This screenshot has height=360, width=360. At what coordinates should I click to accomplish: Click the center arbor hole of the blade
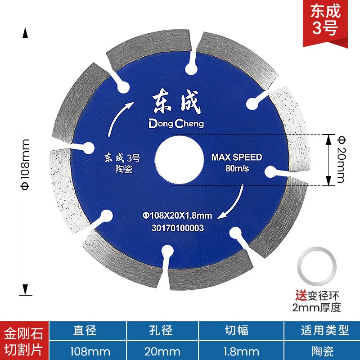click(179, 160)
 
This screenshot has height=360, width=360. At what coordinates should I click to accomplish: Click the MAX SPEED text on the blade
click(237, 157)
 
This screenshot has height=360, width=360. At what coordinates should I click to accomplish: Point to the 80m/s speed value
click(237, 168)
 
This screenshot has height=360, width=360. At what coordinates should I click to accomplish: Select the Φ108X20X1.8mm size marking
click(177, 216)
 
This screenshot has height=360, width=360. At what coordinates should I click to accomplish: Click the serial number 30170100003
click(178, 228)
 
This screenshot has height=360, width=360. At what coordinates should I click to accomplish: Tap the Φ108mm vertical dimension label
click(25, 164)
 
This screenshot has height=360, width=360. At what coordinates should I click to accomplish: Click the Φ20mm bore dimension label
click(341, 159)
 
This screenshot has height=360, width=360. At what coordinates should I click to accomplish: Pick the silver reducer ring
click(317, 266)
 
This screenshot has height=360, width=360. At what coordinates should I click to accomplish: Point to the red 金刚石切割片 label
click(24, 341)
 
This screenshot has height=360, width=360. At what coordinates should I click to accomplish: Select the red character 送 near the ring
click(301, 296)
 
